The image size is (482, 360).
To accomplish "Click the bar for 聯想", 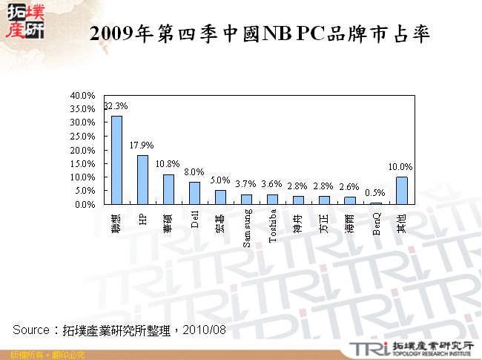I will (x=116, y=160).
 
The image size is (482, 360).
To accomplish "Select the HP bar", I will (x=142, y=179).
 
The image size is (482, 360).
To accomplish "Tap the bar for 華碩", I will (x=168, y=189).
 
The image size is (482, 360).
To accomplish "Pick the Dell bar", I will (x=194, y=192).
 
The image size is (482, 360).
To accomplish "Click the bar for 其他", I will (x=401, y=190).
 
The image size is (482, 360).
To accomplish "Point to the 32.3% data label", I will (x=116, y=106).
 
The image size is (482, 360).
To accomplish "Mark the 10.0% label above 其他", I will (x=401, y=167).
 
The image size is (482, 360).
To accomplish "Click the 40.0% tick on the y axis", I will (x=81, y=96).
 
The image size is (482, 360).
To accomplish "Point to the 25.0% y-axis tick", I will (x=81, y=137).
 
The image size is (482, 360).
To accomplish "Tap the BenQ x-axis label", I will (x=376, y=223).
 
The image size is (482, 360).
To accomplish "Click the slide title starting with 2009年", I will (x=259, y=34).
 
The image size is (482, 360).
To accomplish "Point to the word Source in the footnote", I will (x=30, y=329).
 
